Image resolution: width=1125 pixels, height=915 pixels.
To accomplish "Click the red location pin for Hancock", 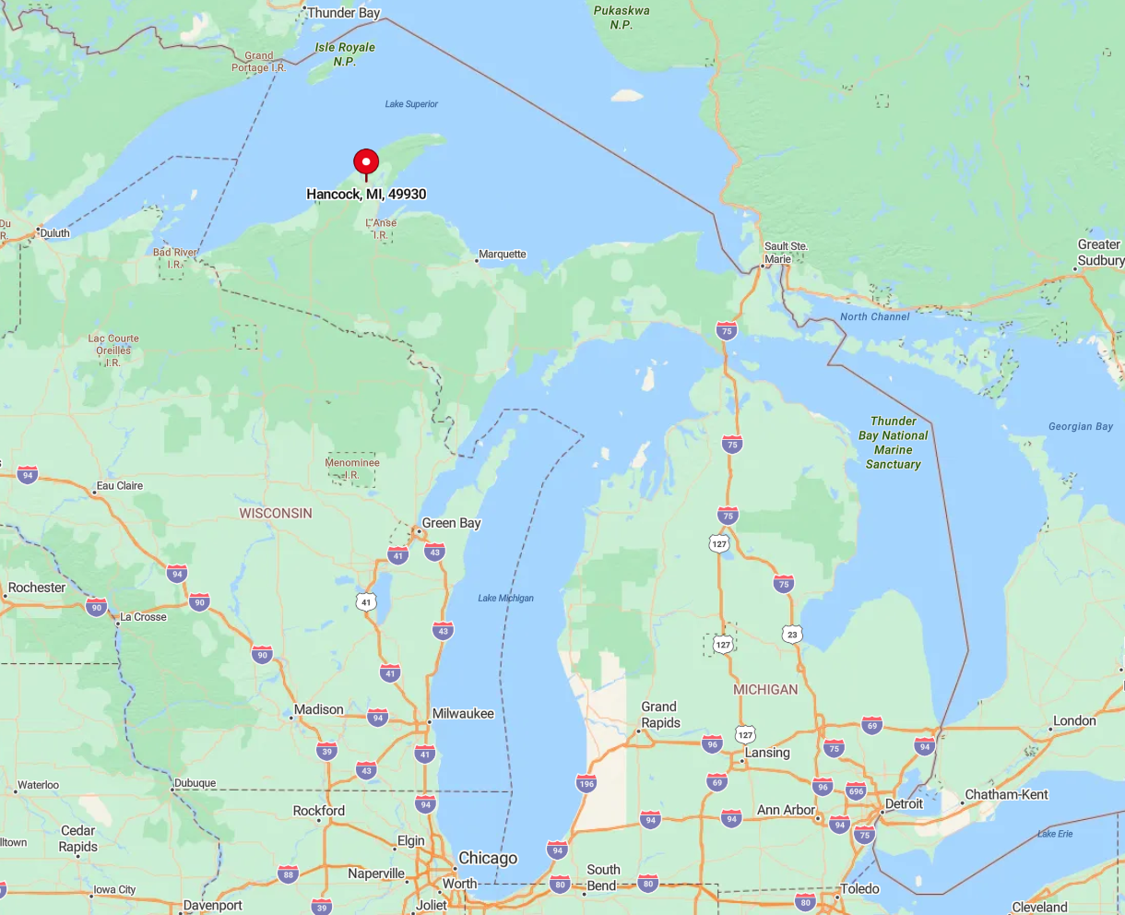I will [x=366, y=163].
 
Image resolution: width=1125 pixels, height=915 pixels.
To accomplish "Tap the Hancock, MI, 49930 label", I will [x=366, y=195].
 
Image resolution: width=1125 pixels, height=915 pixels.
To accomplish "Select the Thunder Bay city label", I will [x=343, y=13].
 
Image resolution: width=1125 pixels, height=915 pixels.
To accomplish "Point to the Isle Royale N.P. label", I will [x=345, y=54].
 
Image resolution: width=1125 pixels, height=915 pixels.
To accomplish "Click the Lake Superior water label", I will [x=411, y=104].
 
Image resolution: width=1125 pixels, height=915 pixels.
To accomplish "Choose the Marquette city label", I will [x=503, y=255].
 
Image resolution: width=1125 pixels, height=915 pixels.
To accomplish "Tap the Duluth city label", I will [x=54, y=233].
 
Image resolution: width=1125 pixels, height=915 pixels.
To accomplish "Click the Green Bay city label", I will [x=451, y=523].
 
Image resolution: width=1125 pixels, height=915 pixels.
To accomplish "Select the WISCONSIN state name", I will [x=276, y=513].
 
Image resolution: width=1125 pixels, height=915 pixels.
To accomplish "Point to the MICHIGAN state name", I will [x=765, y=689].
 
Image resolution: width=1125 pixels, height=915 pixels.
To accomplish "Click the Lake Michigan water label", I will [x=505, y=598].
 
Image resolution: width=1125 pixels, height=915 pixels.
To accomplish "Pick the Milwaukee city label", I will [x=463, y=714].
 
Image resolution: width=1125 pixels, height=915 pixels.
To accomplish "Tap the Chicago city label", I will [x=488, y=858].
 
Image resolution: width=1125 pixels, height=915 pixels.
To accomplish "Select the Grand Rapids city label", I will [x=660, y=715].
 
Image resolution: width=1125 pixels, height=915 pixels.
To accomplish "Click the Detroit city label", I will [x=904, y=803].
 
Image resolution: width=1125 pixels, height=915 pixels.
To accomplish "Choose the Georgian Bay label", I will [x=1081, y=426].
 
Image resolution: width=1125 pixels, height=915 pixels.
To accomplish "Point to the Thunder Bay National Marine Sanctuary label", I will [x=893, y=443].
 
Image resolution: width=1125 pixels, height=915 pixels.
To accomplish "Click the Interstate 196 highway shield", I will [x=586, y=784].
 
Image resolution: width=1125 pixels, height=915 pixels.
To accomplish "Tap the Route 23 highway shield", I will [x=792, y=635].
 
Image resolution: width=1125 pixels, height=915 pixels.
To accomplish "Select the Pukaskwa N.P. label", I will [x=622, y=18].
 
